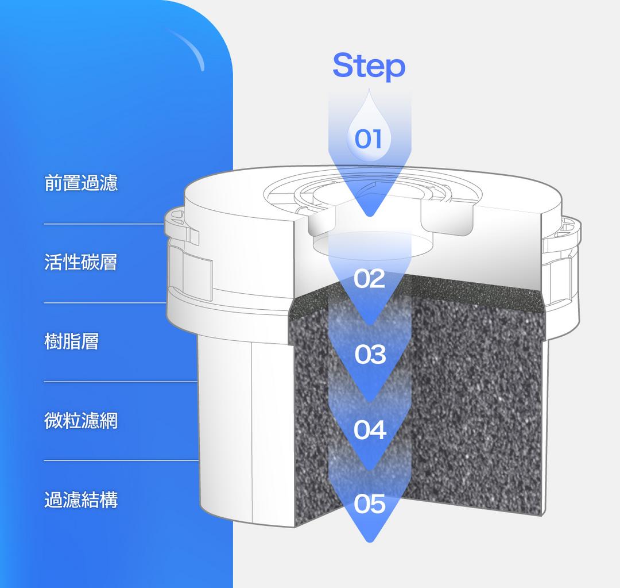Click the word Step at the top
[x=369, y=66]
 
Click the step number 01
[x=369, y=139]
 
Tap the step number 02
[x=369, y=279]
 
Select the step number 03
[x=370, y=355]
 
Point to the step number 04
[x=370, y=429]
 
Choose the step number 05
[x=370, y=504]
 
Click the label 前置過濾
[x=81, y=183]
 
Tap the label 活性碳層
[x=81, y=262]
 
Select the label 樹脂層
[x=72, y=341]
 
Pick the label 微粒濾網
[x=81, y=421]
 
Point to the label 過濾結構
[x=81, y=500]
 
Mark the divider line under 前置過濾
[x=103, y=224]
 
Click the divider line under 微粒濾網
[x=121, y=460]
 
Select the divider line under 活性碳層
[x=103, y=302]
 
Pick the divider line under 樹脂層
[x=121, y=381]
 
